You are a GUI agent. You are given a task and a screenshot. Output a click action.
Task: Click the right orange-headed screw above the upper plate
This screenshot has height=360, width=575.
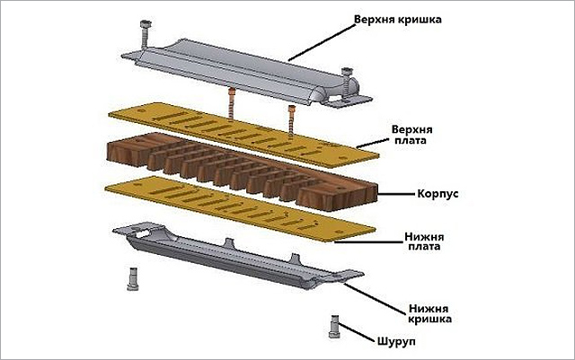(x=291, y=118)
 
